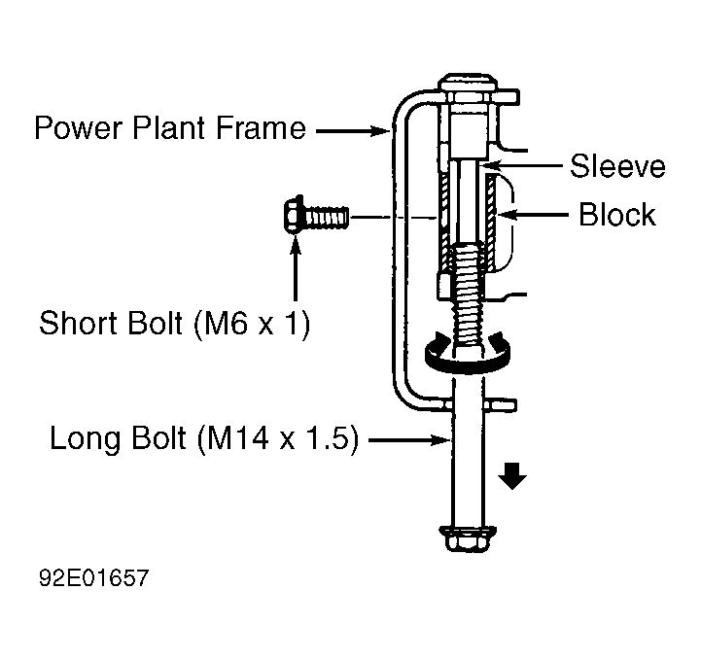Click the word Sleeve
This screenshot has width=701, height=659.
(x=617, y=166)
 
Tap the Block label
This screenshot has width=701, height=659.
(x=617, y=215)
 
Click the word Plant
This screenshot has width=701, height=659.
(x=168, y=128)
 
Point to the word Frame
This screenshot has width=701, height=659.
(x=262, y=128)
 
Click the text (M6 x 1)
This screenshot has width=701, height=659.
(x=252, y=324)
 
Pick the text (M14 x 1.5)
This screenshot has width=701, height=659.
(x=278, y=438)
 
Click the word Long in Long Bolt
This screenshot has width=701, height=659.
(x=85, y=439)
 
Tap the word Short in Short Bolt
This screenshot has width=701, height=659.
(x=79, y=323)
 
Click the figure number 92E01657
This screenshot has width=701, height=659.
(x=93, y=577)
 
